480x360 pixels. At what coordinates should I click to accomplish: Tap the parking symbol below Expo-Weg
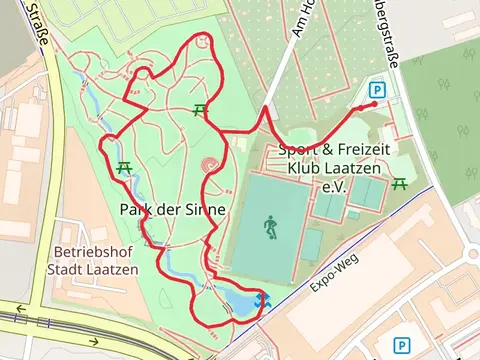[x=403, y=343]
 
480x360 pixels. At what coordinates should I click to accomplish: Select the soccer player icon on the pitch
[x=270, y=227]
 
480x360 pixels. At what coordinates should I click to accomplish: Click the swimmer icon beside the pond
[x=262, y=301]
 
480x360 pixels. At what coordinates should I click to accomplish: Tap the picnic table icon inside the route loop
[x=200, y=110]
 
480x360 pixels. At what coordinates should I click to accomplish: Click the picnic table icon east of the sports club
[x=401, y=183]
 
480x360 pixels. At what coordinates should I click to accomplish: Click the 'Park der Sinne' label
[x=171, y=210]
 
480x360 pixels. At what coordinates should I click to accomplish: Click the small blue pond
[x=240, y=301]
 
